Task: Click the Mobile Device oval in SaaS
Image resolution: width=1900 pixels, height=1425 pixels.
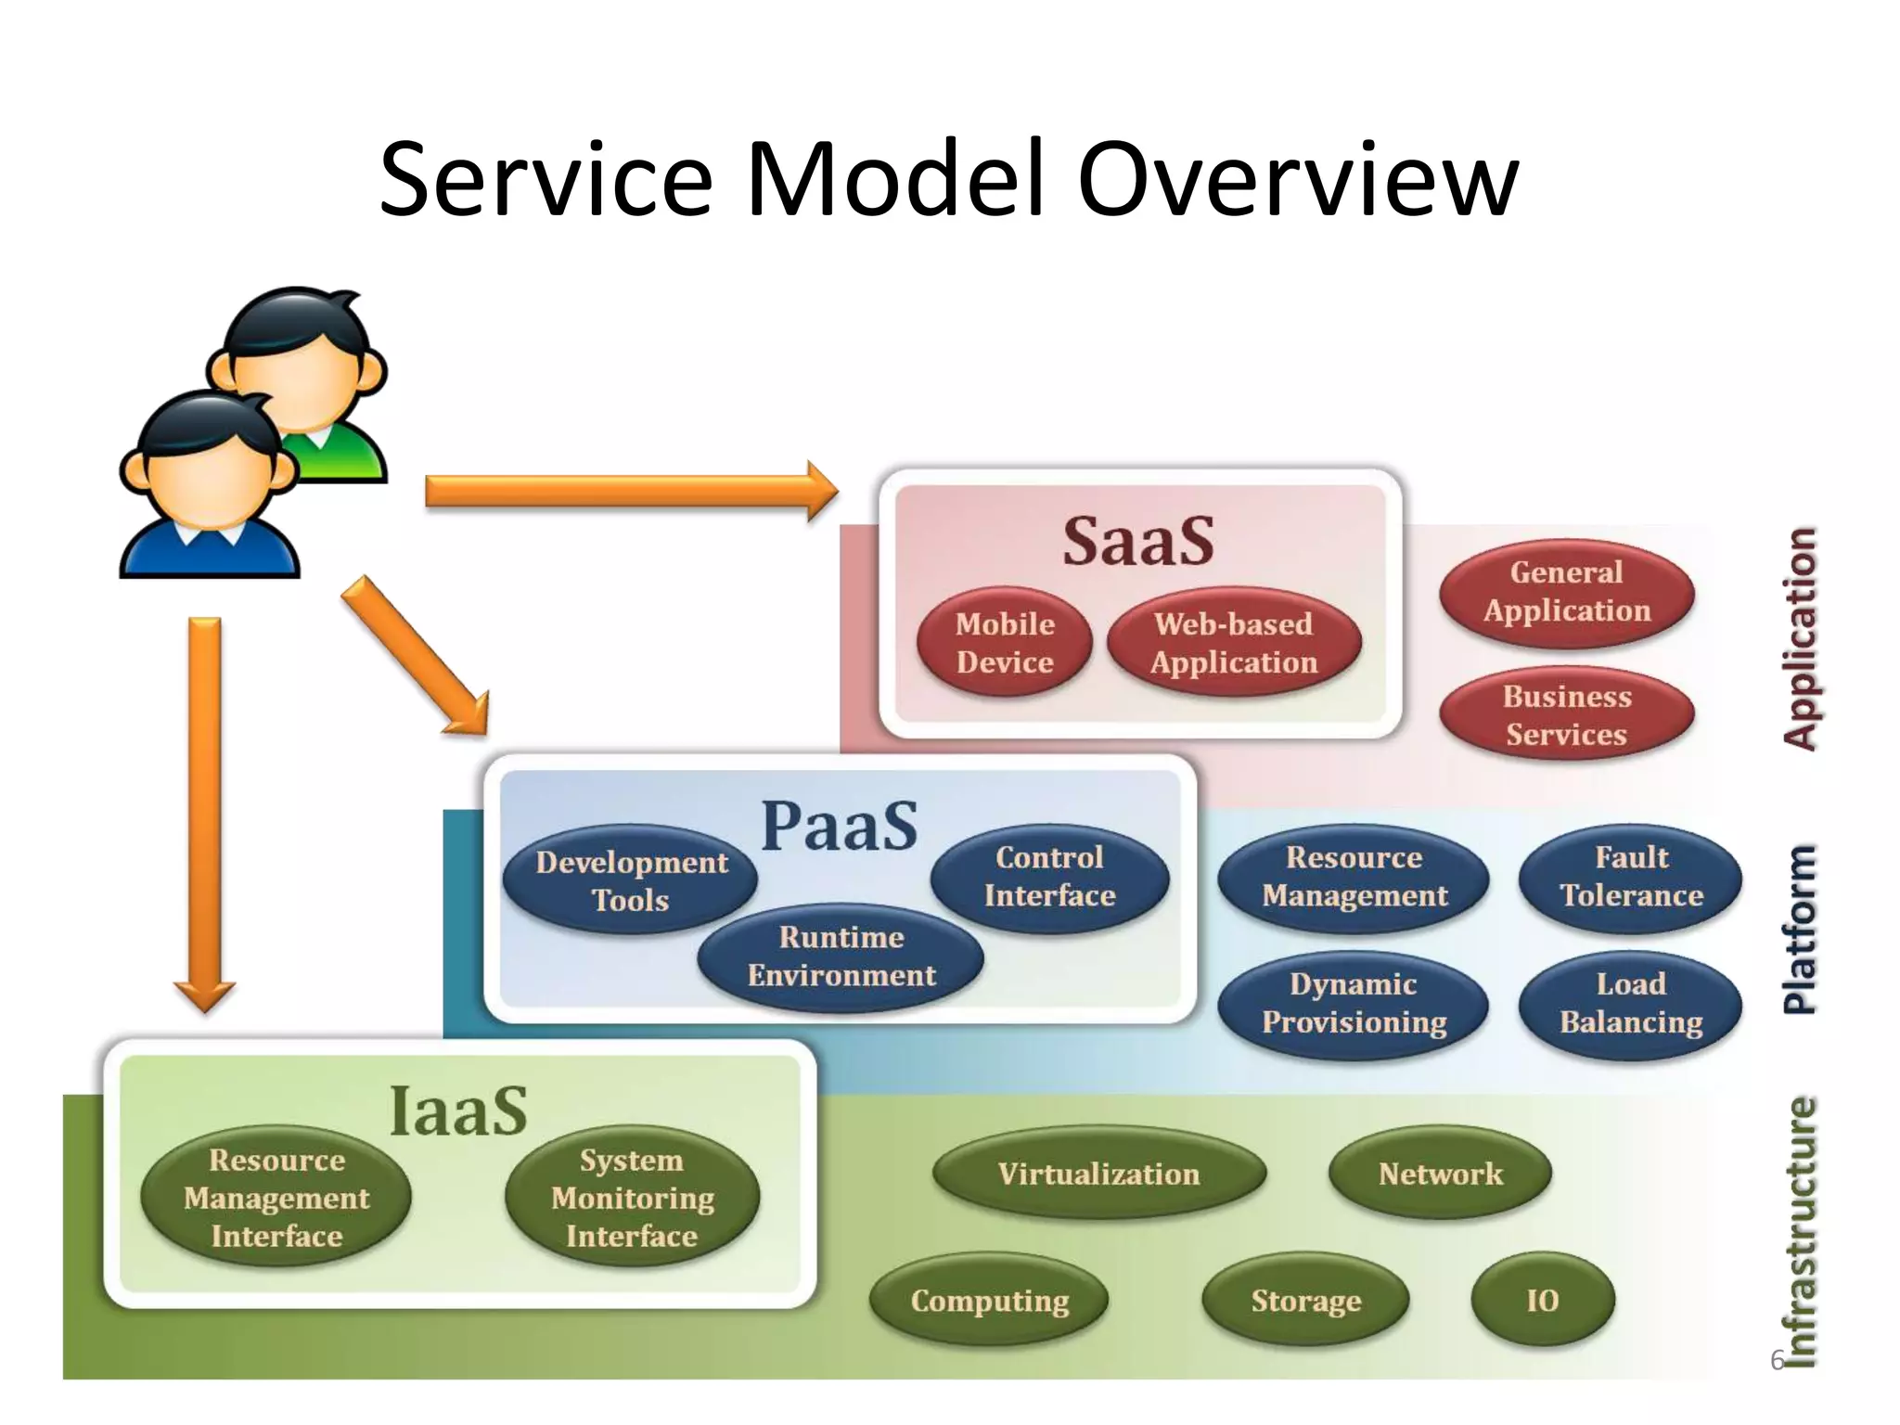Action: [x=1005, y=643]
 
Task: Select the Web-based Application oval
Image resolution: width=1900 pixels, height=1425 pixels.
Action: [x=1234, y=643]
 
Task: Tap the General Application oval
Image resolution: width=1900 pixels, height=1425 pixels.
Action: [x=1567, y=592]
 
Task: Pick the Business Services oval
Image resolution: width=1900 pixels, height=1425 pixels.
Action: [x=1567, y=715]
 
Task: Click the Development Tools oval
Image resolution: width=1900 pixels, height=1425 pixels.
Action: [x=631, y=880]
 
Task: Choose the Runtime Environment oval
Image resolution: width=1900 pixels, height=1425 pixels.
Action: [x=841, y=956]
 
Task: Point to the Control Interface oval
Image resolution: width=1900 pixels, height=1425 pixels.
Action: [x=1049, y=877]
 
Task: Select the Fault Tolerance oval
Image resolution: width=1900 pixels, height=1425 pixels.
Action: [x=1631, y=877]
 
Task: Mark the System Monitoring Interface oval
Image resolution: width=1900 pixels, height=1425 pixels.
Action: [x=633, y=1198]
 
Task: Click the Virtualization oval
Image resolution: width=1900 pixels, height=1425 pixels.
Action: [x=1098, y=1175]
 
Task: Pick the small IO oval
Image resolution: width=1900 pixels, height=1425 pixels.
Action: [x=1543, y=1301]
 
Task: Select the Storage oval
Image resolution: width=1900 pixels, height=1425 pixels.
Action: [x=1305, y=1301]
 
